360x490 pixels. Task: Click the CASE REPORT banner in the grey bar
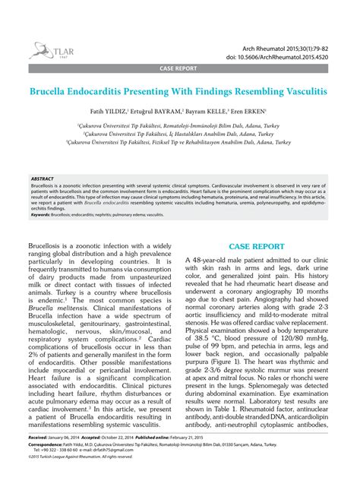pyautogui.click(x=178, y=68)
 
